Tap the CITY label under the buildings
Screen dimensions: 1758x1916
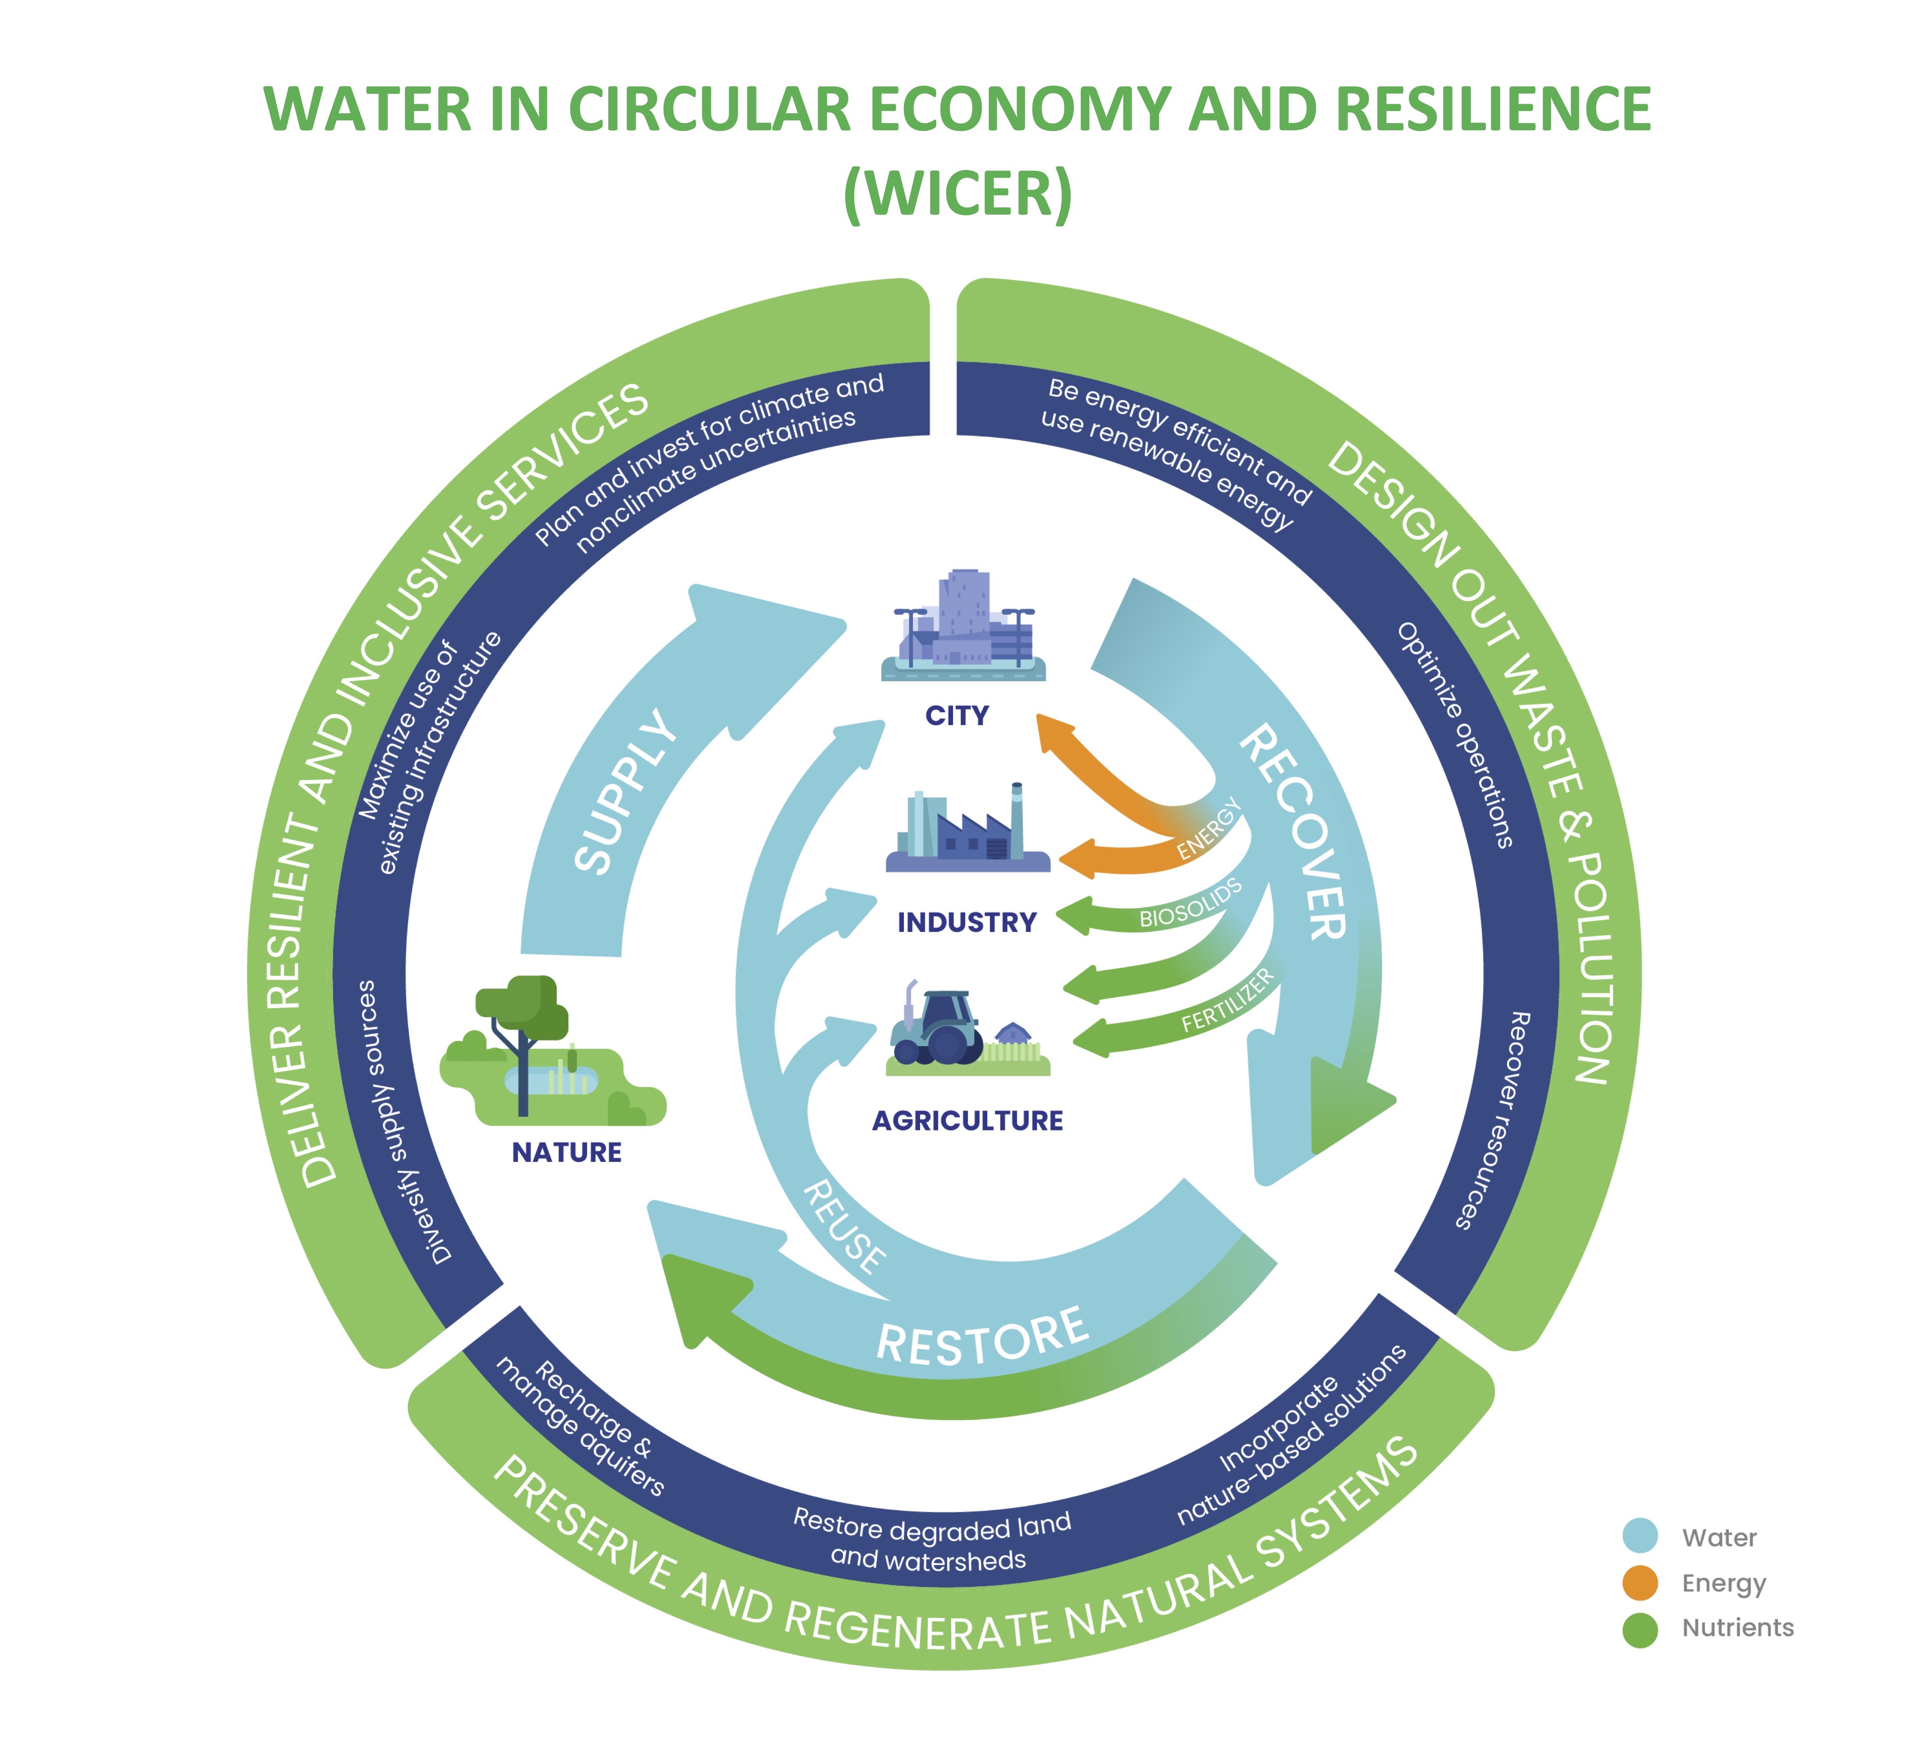tap(957, 716)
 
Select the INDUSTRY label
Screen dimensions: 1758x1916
tap(967, 922)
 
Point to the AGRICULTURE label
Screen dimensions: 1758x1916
tap(967, 1120)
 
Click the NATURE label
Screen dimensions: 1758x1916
tap(567, 1152)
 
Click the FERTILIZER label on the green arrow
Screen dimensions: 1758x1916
tap(1227, 1001)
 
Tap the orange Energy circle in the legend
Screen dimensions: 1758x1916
tap(1640, 1583)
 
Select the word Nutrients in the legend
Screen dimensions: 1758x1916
tap(1737, 1628)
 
